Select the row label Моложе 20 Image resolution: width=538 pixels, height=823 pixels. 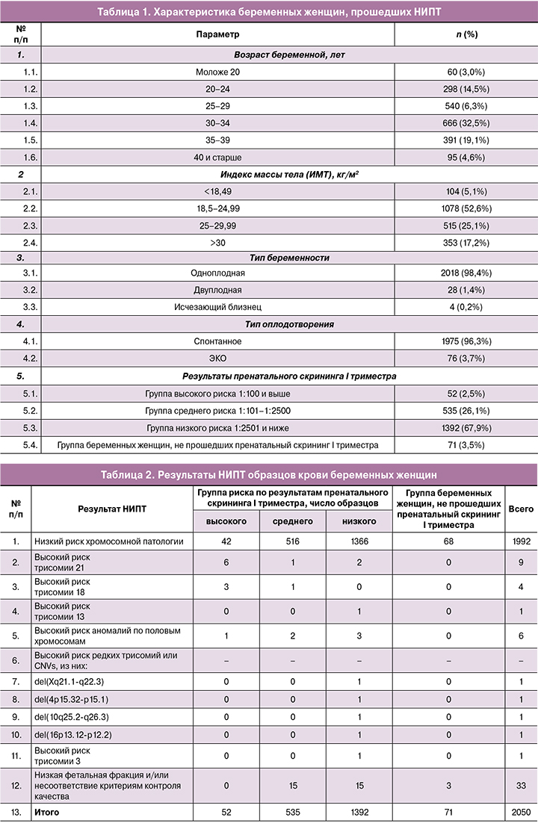tap(217, 72)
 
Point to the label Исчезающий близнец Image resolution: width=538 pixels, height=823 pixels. tap(217, 307)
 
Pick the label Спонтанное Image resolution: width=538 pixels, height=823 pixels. tap(217, 341)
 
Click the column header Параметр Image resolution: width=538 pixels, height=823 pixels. tap(217, 34)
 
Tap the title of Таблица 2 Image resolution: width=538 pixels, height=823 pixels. tap(269, 475)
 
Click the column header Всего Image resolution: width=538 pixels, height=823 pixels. tap(521, 509)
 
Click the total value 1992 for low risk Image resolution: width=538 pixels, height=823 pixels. tap(521, 541)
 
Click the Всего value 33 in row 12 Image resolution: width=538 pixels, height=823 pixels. tap(521, 786)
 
